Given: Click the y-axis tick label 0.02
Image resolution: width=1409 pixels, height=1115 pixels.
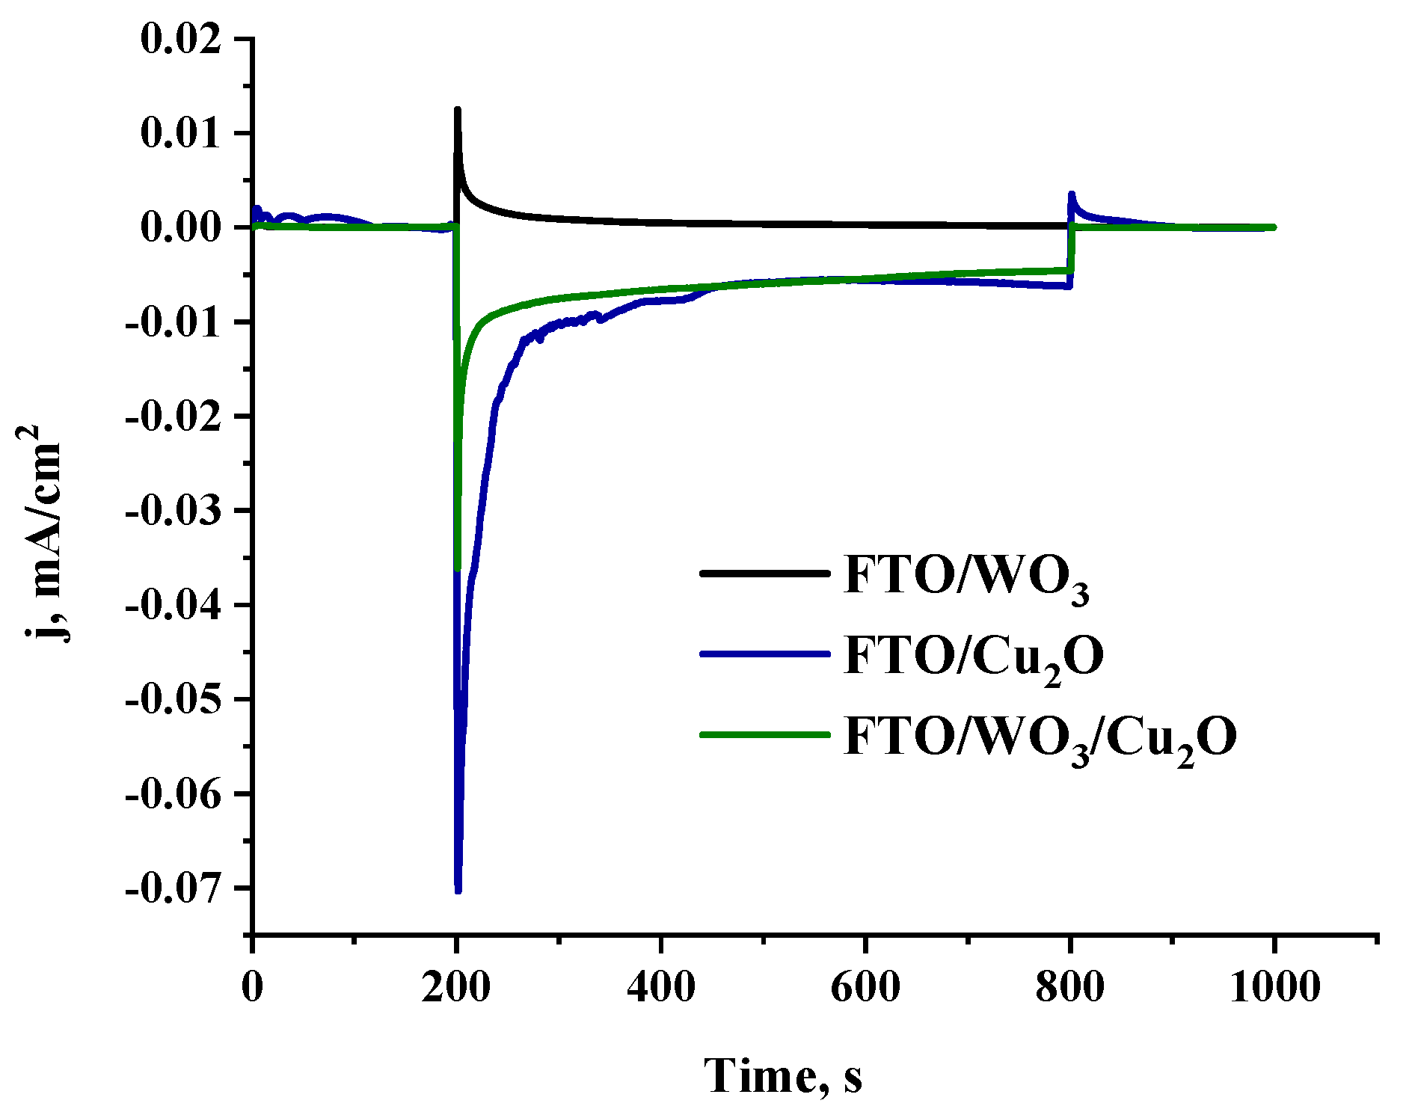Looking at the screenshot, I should pyautogui.click(x=181, y=39).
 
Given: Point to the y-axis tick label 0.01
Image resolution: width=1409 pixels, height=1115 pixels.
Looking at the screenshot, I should pyautogui.click(x=181, y=133).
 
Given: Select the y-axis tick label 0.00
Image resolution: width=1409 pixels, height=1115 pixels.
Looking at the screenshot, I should pyautogui.click(x=181, y=227).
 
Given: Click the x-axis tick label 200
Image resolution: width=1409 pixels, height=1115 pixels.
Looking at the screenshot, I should pyautogui.click(x=456, y=987).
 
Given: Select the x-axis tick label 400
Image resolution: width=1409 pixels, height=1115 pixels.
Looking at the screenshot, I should pyautogui.click(x=661, y=987).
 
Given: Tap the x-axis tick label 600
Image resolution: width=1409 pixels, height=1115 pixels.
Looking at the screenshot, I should pyautogui.click(x=865, y=987).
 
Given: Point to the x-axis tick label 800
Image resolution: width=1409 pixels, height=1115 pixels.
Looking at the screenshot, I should pyautogui.click(x=1070, y=987).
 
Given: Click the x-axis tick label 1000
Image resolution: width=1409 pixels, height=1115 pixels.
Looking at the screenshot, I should pyautogui.click(x=1274, y=987).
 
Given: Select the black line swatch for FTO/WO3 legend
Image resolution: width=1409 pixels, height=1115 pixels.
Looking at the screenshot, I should pyautogui.click(x=764, y=574).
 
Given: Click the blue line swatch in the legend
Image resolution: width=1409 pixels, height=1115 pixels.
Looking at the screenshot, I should pyautogui.click(x=764, y=654).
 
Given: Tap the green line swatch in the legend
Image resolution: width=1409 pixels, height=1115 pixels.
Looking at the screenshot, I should pyautogui.click(x=764, y=734).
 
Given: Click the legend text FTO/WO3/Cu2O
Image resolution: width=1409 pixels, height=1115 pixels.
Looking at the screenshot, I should pyautogui.click(x=1040, y=737).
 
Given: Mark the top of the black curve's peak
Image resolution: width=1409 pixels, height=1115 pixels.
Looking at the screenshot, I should pyautogui.click(x=457, y=110).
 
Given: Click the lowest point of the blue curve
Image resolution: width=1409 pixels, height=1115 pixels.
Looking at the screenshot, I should pyautogui.click(x=458, y=890).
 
